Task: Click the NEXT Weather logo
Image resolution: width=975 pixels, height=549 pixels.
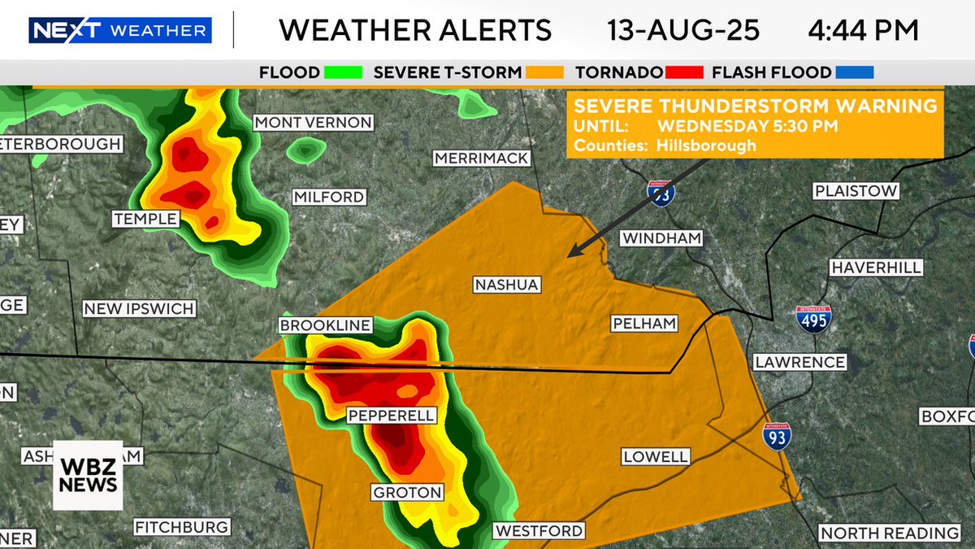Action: point(120,31)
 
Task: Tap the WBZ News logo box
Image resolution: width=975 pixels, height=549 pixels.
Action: point(88,475)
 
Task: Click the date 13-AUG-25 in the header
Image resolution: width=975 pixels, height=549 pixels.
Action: point(683,31)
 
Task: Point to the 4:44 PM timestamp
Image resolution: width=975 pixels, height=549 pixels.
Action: point(863,31)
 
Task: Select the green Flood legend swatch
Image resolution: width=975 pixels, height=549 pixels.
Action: point(342,72)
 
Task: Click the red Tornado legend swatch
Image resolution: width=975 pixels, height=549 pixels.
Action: point(684,72)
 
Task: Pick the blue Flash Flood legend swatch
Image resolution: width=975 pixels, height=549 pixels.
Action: point(854,72)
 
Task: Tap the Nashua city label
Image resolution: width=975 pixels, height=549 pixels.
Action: point(506,285)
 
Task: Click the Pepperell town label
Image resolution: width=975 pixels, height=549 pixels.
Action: point(392,416)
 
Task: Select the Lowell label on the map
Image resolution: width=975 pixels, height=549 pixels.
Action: point(656,456)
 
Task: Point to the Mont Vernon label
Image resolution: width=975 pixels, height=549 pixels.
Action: point(313,123)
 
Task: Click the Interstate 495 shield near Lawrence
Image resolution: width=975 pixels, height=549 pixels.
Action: point(815,320)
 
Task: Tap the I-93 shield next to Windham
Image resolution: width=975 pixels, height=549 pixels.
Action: point(661,194)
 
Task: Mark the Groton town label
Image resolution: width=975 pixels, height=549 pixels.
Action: point(407,492)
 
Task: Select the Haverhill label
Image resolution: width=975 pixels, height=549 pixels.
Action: point(875,268)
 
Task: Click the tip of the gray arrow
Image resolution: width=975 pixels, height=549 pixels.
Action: point(570,255)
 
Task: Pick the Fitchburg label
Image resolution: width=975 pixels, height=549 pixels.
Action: point(181,527)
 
